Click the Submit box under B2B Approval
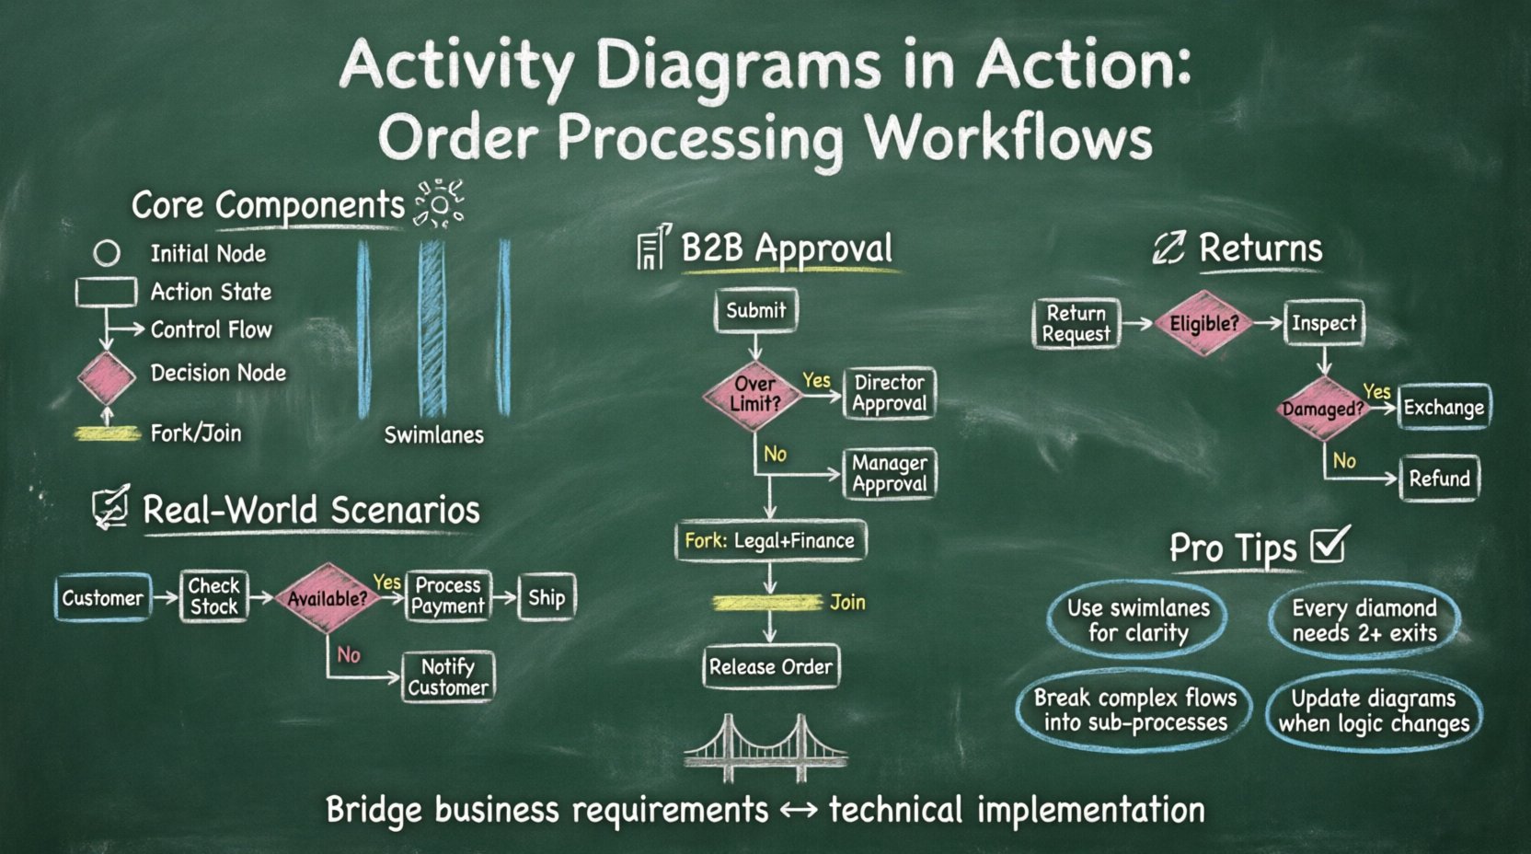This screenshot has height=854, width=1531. (x=755, y=311)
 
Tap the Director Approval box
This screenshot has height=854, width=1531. (x=889, y=394)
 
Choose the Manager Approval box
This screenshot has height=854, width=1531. (x=889, y=474)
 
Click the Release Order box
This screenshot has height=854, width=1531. (x=770, y=667)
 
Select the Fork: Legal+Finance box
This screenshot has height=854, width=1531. (x=770, y=541)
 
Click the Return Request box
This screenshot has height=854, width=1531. (x=1076, y=324)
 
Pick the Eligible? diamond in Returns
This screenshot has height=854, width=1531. (x=1203, y=323)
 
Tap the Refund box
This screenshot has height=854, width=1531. (x=1439, y=479)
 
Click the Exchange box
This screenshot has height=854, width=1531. (x=1443, y=408)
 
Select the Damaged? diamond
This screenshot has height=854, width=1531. (x=1323, y=409)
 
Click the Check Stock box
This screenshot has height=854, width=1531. (x=213, y=596)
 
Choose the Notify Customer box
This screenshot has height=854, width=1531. (x=448, y=677)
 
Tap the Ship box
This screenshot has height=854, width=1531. (x=547, y=598)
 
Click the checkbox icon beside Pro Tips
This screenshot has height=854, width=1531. (x=1330, y=544)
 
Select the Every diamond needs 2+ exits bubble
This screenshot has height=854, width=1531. (x=1364, y=621)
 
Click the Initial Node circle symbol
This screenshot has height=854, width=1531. (x=107, y=253)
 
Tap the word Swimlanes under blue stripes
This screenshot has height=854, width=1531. (x=433, y=435)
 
